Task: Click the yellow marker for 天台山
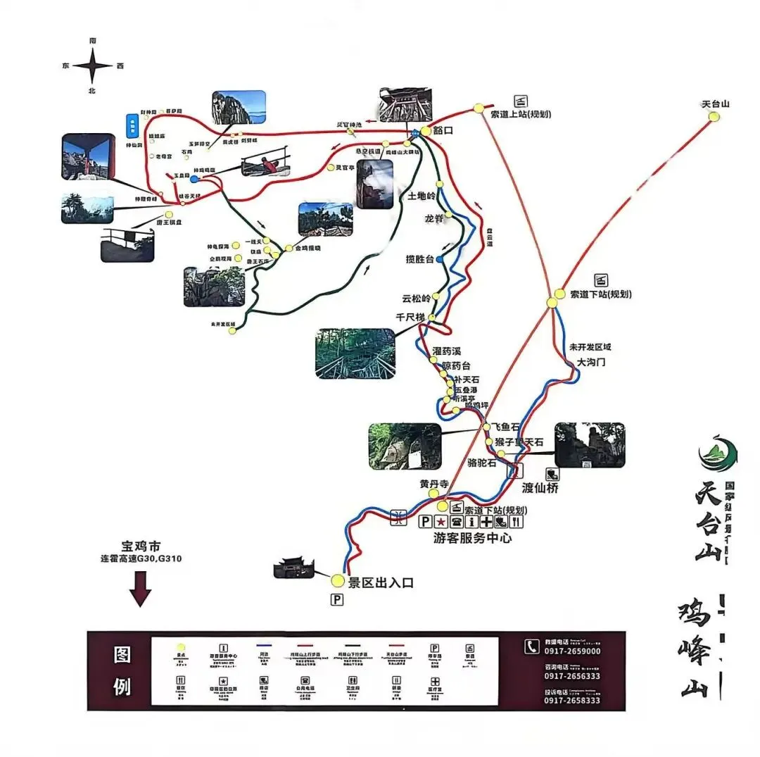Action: (x=714, y=116)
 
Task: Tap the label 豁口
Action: (x=443, y=131)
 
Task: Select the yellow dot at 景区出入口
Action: (x=338, y=580)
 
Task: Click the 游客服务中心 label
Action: (x=472, y=538)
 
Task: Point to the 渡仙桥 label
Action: (x=540, y=487)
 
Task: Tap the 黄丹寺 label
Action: (x=434, y=484)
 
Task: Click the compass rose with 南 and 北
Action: (x=92, y=66)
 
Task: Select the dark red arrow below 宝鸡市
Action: (x=141, y=589)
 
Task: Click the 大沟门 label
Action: (x=591, y=362)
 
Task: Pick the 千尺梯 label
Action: (x=410, y=317)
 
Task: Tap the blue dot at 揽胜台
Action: (x=440, y=259)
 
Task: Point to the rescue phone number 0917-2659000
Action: (x=573, y=651)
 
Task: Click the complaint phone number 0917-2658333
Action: (x=573, y=700)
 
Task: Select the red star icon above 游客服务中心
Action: (x=441, y=522)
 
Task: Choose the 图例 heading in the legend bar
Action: (x=122, y=670)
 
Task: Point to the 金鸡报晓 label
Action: (x=308, y=248)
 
